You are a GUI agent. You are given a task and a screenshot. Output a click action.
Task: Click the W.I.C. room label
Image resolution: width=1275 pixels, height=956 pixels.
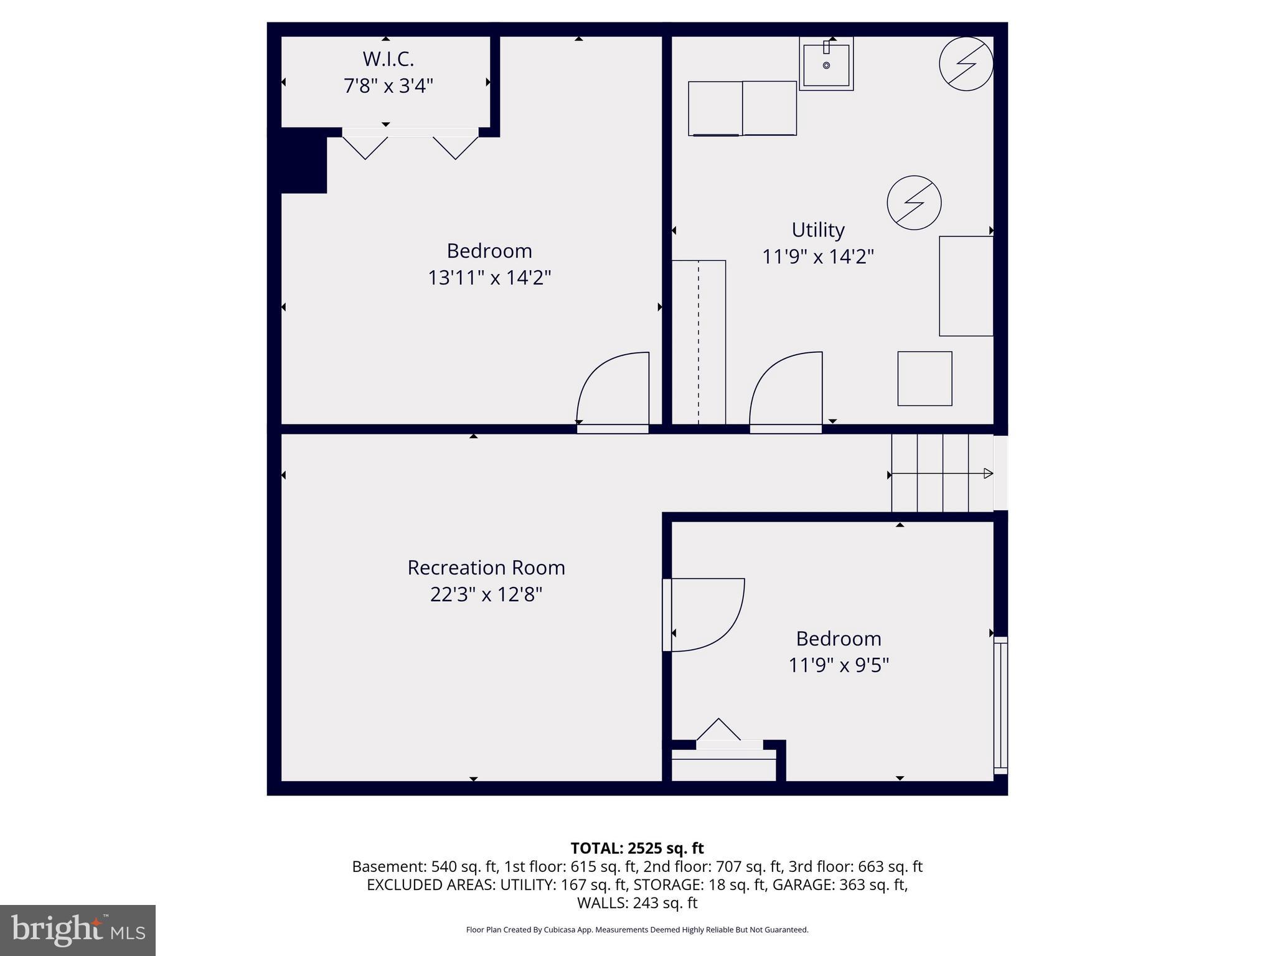tap(388, 59)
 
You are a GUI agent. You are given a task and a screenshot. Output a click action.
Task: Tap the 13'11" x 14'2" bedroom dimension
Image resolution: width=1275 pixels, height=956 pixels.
tap(489, 278)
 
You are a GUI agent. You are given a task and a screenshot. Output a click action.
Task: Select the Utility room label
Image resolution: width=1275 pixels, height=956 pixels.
tap(817, 230)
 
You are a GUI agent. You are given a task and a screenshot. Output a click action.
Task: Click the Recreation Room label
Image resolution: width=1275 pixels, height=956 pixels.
tap(486, 568)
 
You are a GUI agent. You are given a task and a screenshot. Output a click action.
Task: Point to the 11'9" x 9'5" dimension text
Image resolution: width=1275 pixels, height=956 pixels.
tap(838, 665)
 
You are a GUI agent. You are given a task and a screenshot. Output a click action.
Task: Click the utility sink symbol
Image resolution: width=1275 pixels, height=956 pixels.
tap(826, 64)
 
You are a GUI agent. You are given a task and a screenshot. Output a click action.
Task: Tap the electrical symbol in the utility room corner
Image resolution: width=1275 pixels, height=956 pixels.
tap(966, 63)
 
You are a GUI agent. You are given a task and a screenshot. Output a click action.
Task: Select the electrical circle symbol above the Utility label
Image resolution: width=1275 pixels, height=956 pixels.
tap(914, 202)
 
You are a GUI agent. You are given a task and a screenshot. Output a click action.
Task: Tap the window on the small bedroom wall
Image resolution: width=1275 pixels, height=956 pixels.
tap(1000, 705)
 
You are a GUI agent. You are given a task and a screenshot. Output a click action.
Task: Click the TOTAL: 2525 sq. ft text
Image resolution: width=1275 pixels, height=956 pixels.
tap(637, 848)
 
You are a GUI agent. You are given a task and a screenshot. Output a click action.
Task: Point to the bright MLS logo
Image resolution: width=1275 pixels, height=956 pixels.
tap(78, 930)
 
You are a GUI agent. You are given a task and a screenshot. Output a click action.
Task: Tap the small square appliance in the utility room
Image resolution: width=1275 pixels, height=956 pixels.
tap(924, 378)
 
